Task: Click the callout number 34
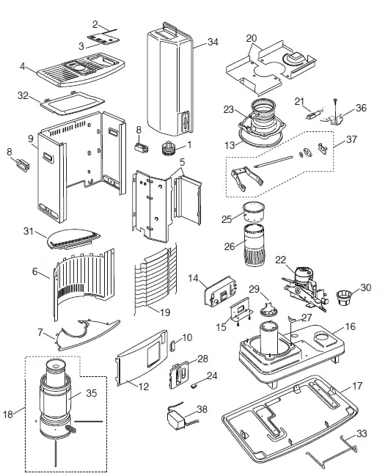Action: point(212,42)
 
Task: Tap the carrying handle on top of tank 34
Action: point(169,26)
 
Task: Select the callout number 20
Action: point(252,37)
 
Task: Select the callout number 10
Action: point(188,337)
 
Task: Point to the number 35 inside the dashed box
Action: point(92,393)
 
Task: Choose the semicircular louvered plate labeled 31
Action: point(70,237)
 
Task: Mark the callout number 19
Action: point(165,312)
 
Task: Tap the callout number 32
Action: point(23,96)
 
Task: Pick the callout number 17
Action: point(358,386)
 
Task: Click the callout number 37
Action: point(351,140)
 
